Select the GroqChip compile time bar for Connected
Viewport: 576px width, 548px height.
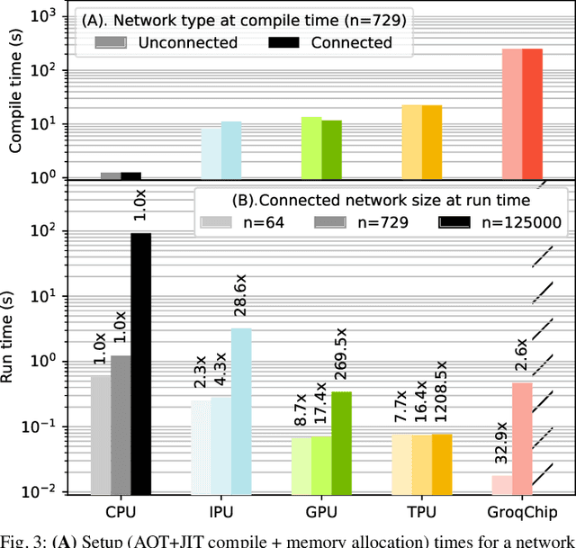click(531, 113)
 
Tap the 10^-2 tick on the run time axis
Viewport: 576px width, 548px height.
click(41, 492)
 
